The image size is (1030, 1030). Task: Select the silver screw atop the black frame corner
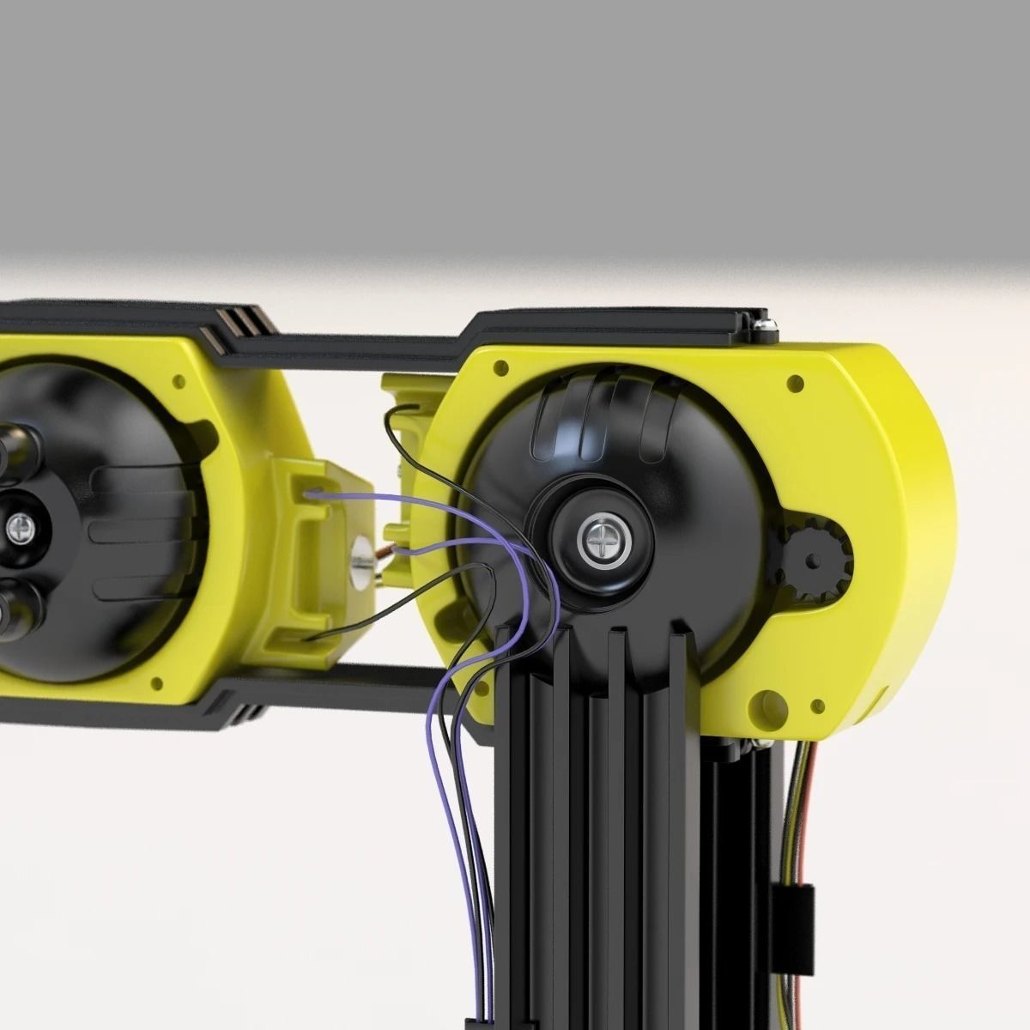(763, 324)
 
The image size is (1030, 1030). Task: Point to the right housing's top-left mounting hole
(500, 367)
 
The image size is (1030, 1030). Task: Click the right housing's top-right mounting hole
(795, 383)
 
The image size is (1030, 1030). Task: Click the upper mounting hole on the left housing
(179, 379)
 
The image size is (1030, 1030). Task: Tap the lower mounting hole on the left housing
(157, 684)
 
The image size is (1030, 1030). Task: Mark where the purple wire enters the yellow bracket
(311, 494)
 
